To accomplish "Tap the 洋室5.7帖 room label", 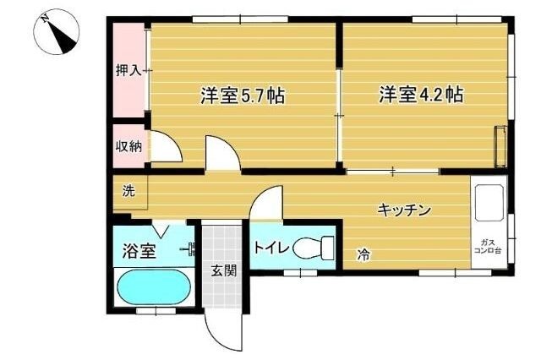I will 242,95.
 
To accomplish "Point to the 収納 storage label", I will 128,145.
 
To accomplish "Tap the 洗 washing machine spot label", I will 128,190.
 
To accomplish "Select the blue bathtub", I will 153,287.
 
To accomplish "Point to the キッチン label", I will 405,210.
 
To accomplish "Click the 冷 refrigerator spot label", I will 363,253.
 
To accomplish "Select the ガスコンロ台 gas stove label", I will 489,247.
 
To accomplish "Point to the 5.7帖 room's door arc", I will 222,154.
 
